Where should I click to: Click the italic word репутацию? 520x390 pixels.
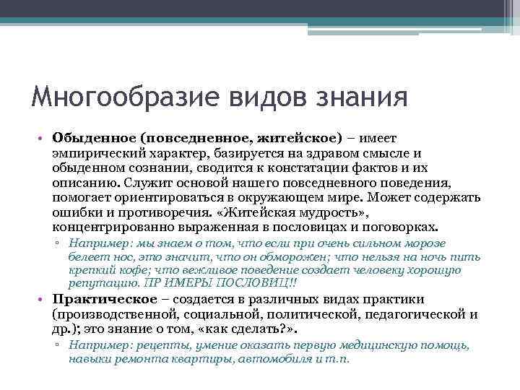[98, 282]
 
